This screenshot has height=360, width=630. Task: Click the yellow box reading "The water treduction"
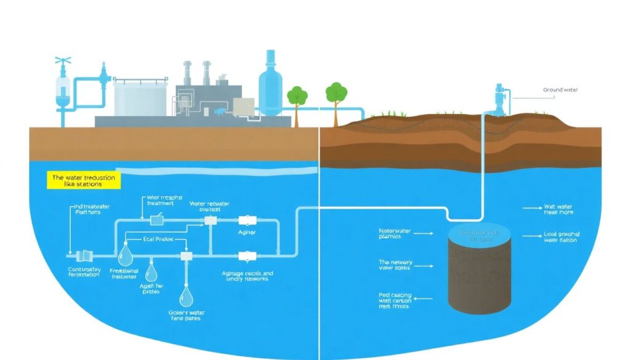click(84, 180)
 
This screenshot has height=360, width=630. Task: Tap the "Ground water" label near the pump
click(560, 90)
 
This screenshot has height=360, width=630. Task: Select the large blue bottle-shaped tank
click(270, 82)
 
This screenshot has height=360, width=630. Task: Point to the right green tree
click(335, 93)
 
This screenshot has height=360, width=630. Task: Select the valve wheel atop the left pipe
click(61, 62)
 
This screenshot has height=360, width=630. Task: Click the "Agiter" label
click(247, 233)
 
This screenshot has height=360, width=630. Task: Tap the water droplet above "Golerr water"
click(186, 298)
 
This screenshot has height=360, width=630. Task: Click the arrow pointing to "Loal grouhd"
click(530, 236)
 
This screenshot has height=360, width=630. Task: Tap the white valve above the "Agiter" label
click(246, 220)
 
